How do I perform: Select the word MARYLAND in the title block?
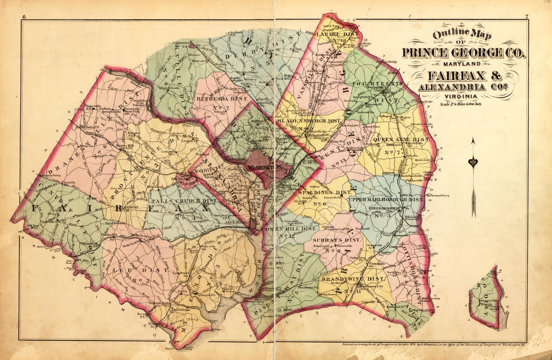[463, 64]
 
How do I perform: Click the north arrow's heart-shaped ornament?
[473, 162]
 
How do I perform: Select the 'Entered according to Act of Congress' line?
[432, 344]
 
